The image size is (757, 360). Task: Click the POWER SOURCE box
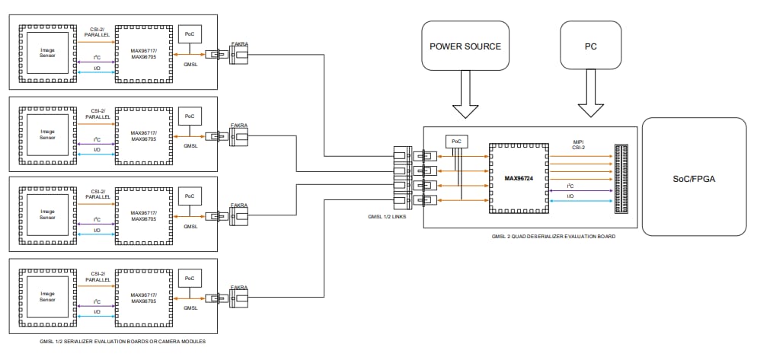click(465, 46)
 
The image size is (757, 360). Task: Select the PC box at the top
click(591, 46)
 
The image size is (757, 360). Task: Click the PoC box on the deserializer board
click(456, 141)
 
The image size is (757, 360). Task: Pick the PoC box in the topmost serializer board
click(189, 34)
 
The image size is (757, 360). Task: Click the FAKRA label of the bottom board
click(239, 288)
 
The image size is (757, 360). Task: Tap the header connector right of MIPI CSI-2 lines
click(623, 176)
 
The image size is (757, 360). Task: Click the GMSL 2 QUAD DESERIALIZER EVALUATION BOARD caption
click(554, 237)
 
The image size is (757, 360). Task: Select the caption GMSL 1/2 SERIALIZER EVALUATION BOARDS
click(122, 342)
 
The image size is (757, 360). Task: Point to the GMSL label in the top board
click(190, 64)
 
